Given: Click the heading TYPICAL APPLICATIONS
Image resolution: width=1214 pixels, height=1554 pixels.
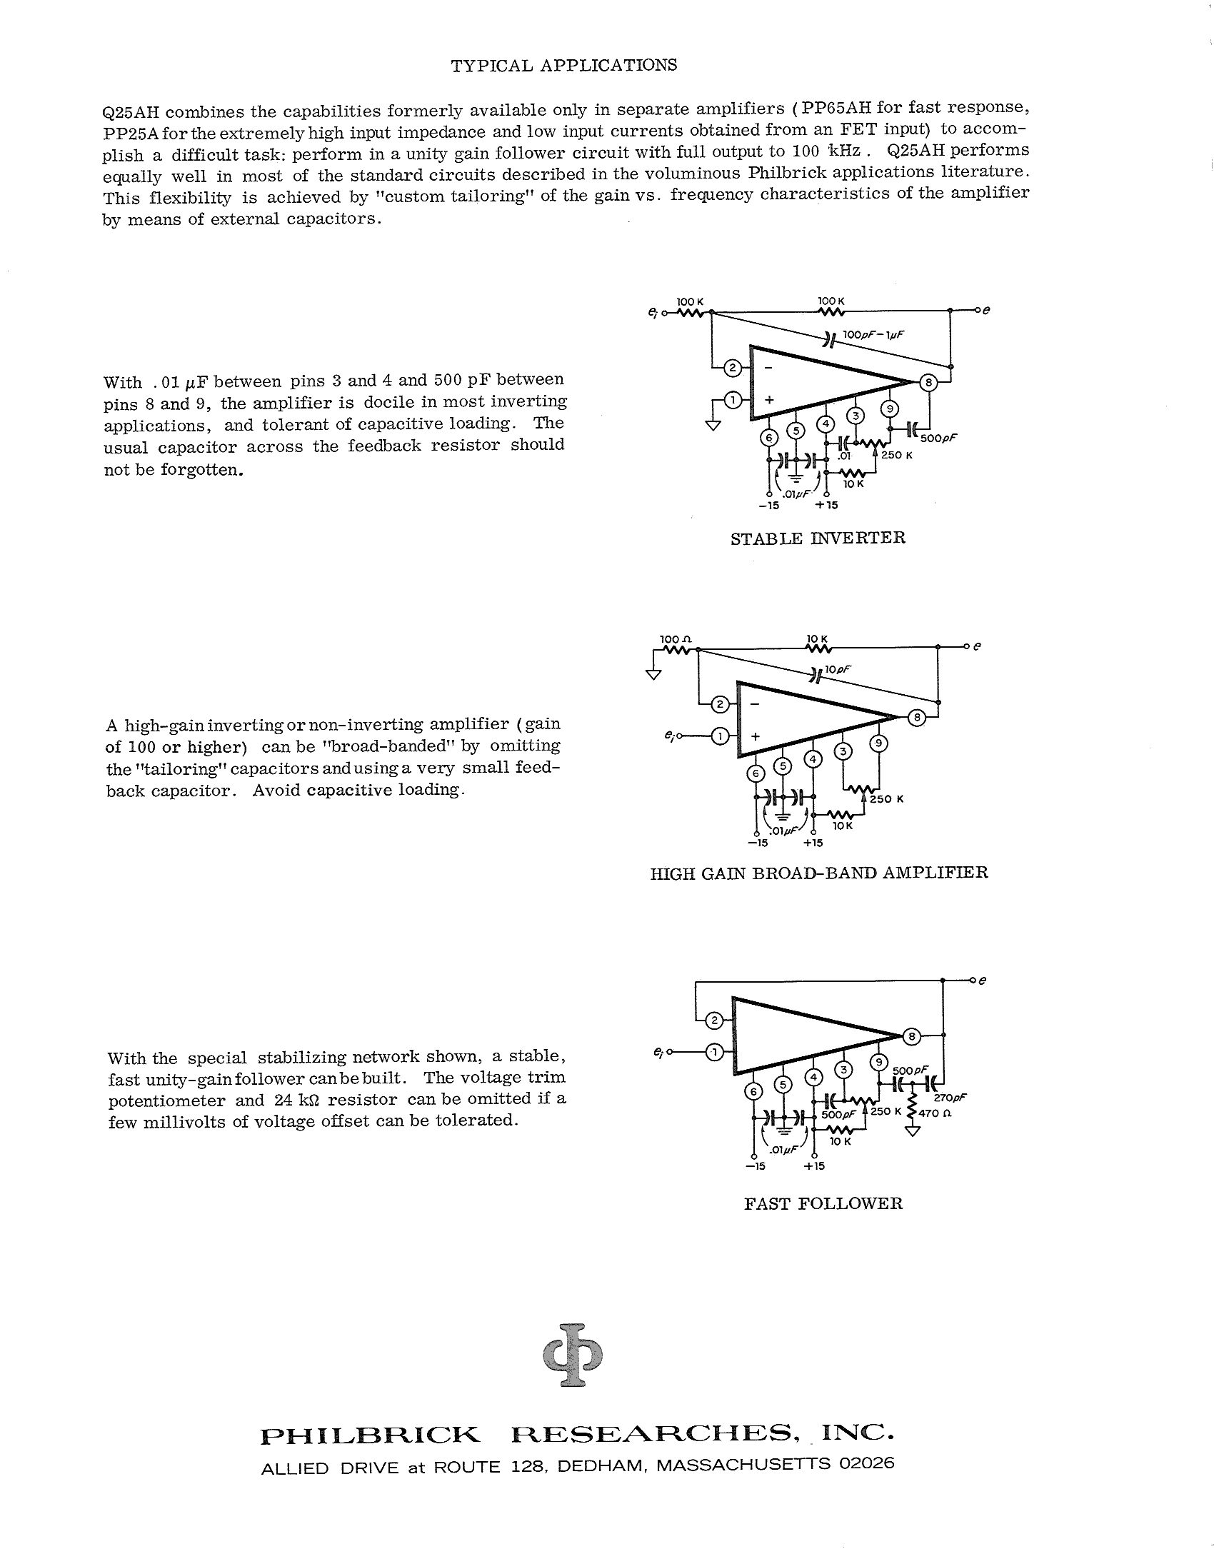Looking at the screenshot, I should click(x=564, y=66).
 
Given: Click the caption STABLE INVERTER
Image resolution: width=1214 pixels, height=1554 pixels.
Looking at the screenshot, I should click(x=818, y=538).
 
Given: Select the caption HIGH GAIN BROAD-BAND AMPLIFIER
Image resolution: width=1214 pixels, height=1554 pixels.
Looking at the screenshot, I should click(x=819, y=873).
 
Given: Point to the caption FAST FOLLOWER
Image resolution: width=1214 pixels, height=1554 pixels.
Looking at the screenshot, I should click(x=823, y=1203).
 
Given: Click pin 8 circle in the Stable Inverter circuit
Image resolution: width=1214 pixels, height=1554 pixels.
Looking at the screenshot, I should click(x=928, y=383).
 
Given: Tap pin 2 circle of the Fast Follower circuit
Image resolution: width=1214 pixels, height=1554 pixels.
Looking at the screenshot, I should click(x=714, y=1021).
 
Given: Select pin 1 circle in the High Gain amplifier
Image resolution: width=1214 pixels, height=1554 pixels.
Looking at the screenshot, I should click(x=721, y=736).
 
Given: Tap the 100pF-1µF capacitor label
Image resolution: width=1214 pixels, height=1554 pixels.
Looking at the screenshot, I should click(x=873, y=334).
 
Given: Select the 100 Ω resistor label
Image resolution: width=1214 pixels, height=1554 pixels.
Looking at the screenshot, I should click(x=676, y=638).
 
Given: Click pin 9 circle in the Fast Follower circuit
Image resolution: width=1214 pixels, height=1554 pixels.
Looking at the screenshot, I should click(x=879, y=1062).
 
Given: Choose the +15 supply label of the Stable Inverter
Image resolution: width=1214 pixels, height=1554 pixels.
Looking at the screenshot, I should click(x=826, y=505).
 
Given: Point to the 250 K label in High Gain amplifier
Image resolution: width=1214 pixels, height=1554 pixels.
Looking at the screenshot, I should click(x=886, y=798).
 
